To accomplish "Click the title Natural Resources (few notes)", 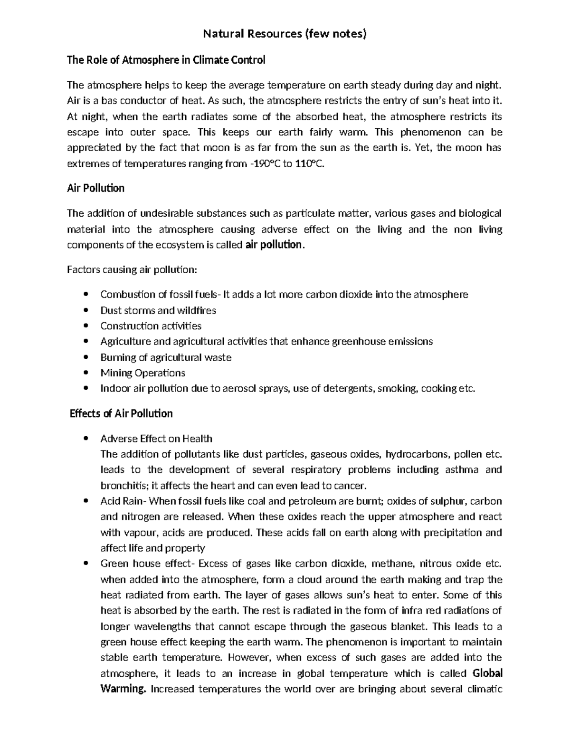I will click(x=285, y=34).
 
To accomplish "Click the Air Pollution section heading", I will click(x=95, y=188).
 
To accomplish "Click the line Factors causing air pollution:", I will click(x=131, y=270).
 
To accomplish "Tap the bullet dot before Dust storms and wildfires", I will click(x=85, y=310).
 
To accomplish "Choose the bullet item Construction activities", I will click(x=151, y=326).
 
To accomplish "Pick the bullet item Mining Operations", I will click(x=142, y=373).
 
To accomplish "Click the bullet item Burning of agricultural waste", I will click(x=166, y=357).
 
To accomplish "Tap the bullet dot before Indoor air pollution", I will click(x=85, y=388).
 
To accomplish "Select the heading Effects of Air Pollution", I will click(x=121, y=413).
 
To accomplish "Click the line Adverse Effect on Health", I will click(x=156, y=438).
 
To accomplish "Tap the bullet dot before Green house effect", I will click(x=85, y=564).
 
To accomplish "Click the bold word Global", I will click(x=488, y=673).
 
